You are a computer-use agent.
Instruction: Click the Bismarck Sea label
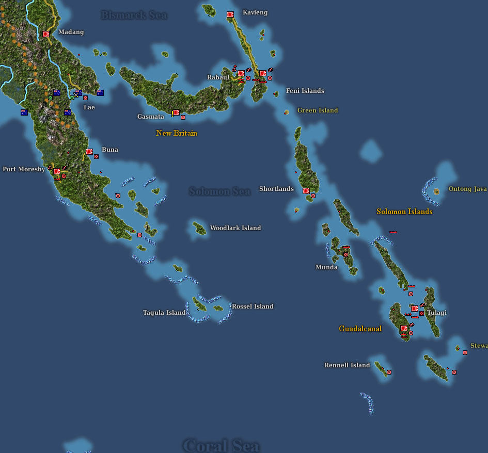tap(134, 15)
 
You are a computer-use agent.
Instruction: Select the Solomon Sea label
tap(219, 191)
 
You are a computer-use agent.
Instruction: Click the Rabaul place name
tap(218, 77)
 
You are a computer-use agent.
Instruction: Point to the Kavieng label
tap(255, 12)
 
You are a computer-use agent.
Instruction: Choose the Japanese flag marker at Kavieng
tap(230, 15)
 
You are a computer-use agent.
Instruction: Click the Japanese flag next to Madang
tap(46, 34)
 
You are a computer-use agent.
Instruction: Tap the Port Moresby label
tap(24, 169)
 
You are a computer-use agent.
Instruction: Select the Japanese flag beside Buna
tap(89, 152)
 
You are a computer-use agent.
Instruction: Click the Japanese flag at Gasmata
tap(176, 112)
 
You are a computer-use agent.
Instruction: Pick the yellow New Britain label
tap(177, 133)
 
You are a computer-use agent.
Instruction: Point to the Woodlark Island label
tap(235, 228)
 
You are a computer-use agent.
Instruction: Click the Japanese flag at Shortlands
tap(306, 191)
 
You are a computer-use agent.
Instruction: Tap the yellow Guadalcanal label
tap(360, 329)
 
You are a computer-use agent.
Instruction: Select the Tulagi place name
tap(437, 313)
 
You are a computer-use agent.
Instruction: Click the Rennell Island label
tap(347, 365)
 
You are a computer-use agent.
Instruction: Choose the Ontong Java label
tap(467, 189)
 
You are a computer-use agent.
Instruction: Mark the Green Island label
tap(318, 110)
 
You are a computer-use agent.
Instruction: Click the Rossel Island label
tap(253, 306)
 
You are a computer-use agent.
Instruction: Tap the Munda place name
tap(326, 267)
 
